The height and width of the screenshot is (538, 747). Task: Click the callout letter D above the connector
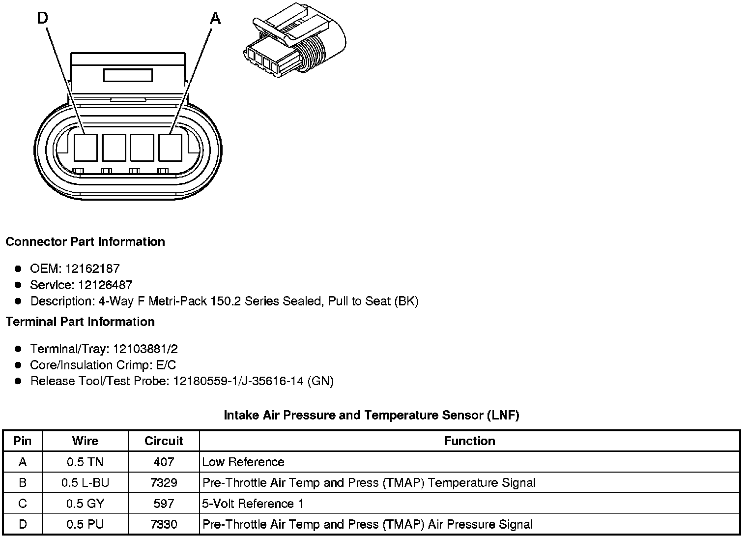(x=43, y=18)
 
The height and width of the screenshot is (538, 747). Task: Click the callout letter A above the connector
(x=215, y=19)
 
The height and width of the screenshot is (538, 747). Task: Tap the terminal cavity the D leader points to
(x=86, y=147)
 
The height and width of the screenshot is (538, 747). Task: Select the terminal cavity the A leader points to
(x=170, y=147)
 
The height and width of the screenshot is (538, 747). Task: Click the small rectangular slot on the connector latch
(x=128, y=76)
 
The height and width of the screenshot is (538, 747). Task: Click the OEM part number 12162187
(x=92, y=269)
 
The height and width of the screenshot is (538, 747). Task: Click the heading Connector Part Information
(x=85, y=241)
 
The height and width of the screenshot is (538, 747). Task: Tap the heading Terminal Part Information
(x=80, y=322)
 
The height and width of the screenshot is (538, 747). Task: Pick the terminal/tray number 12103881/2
(x=145, y=349)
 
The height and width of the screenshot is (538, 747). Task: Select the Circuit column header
(x=164, y=441)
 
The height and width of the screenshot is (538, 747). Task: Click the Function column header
(x=469, y=441)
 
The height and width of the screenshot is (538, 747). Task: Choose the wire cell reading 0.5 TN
(x=85, y=462)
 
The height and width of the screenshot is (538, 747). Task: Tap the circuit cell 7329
(x=164, y=482)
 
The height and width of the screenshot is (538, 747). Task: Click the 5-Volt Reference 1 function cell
(x=253, y=504)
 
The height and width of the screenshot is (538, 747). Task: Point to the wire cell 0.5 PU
(x=85, y=524)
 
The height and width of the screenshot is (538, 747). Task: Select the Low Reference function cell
(x=243, y=462)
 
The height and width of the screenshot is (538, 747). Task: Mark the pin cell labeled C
(x=23, y=504)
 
